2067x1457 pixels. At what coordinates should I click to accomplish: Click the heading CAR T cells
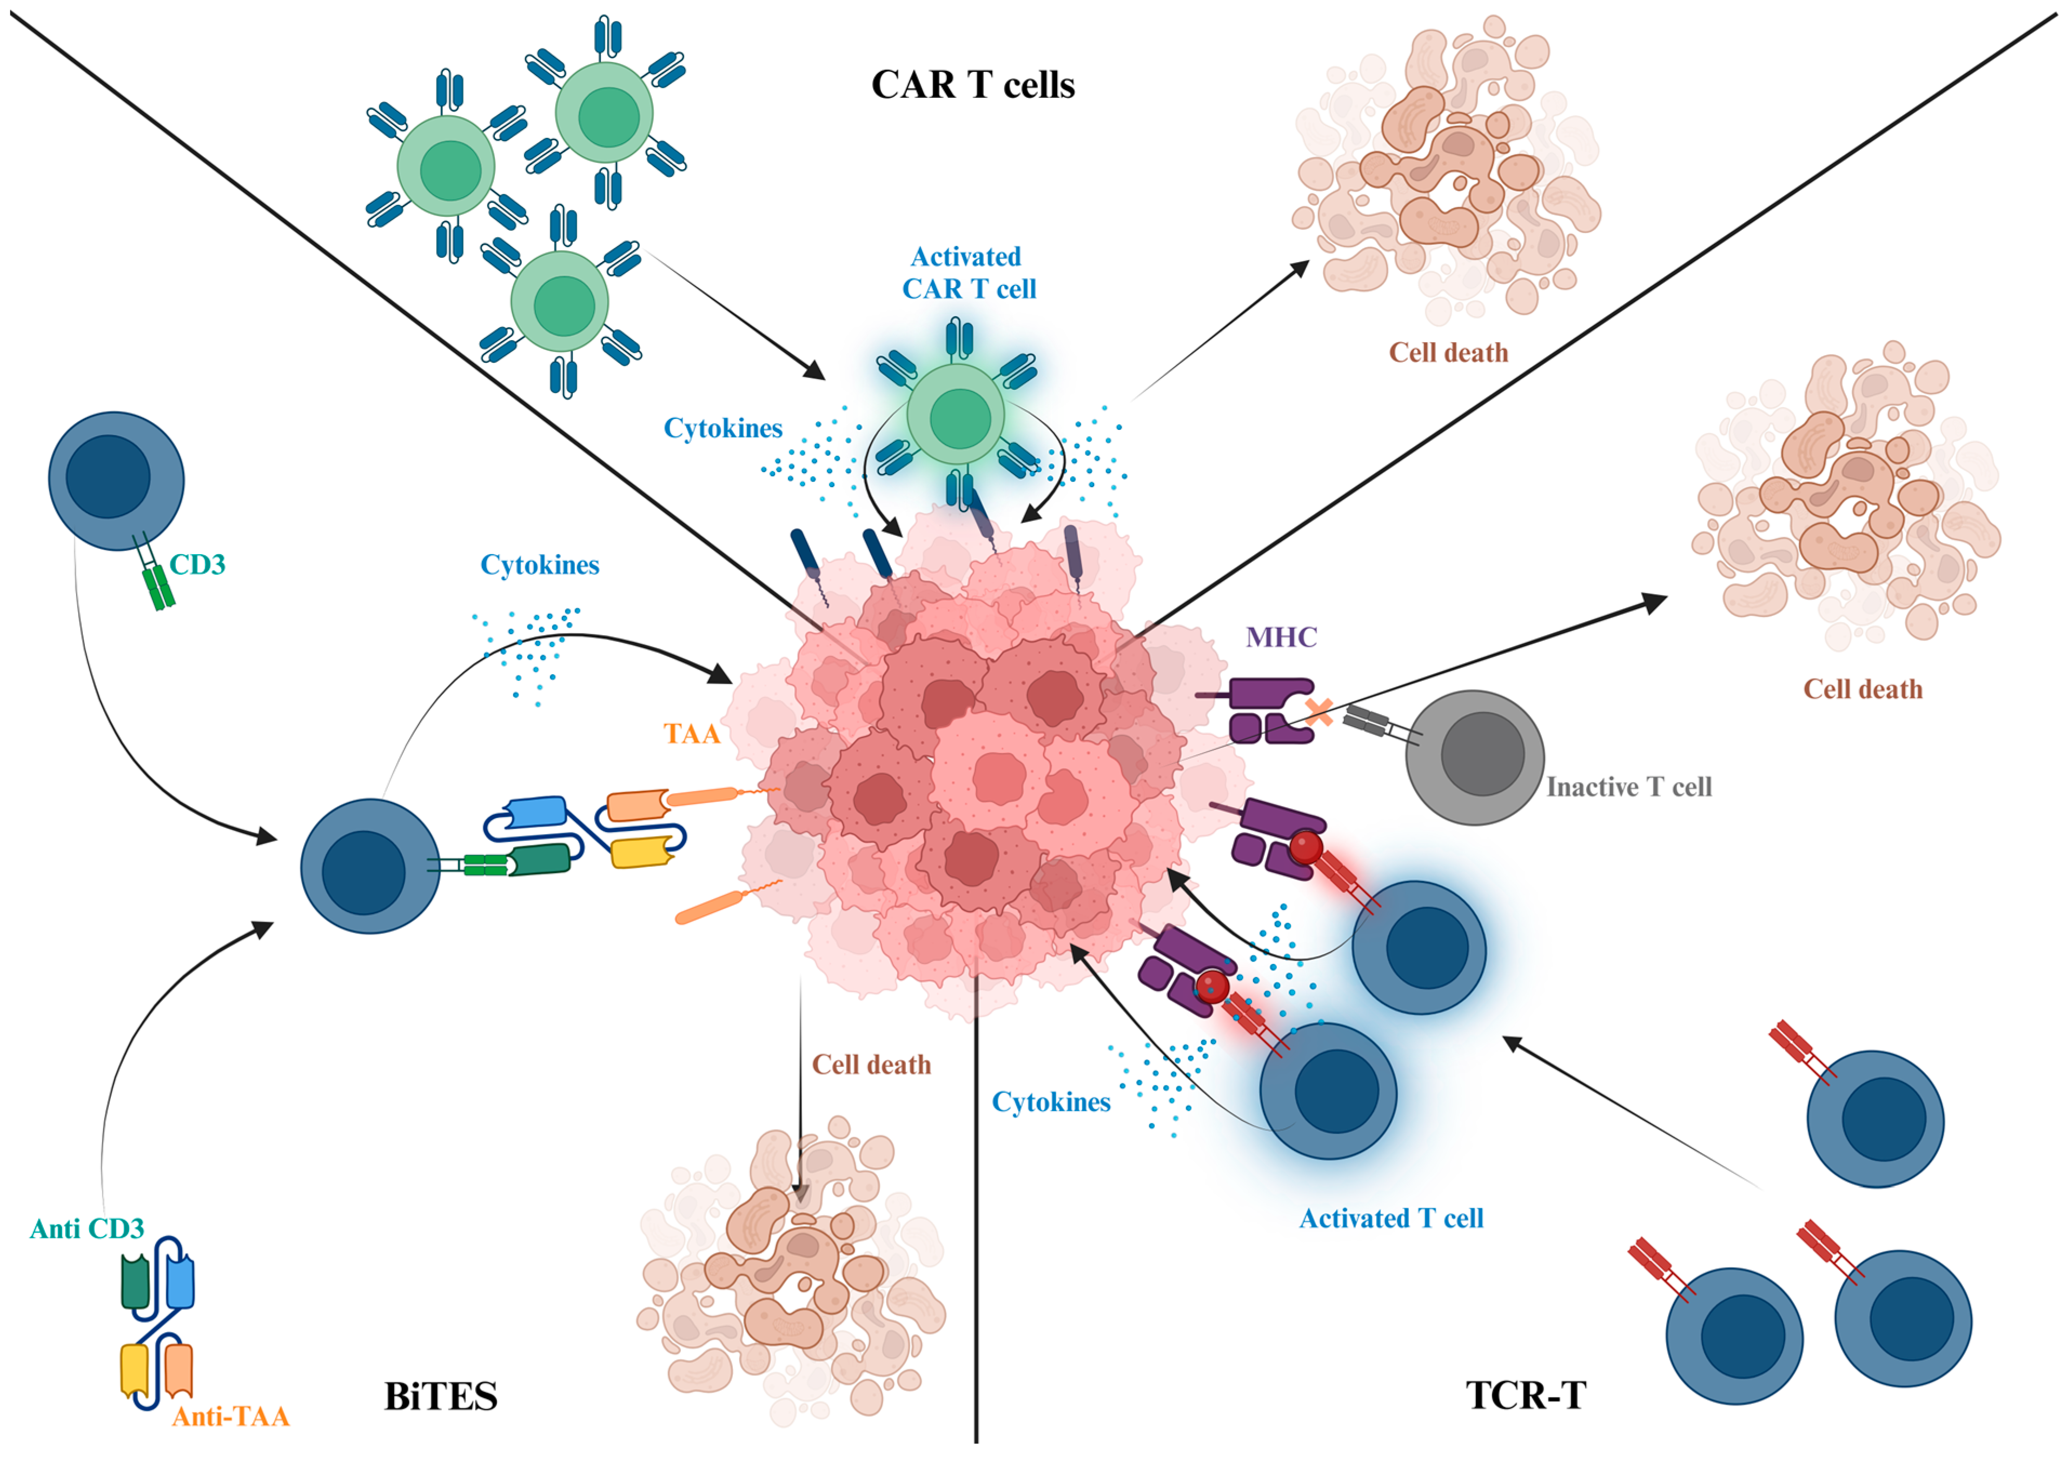coord(972,84)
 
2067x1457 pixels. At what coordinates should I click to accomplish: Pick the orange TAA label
coord(691,734)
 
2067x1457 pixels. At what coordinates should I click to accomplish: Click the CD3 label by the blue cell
coord(197,564)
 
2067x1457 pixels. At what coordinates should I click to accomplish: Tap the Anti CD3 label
coord(87,1228)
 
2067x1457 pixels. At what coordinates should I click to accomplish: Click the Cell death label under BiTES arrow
coord(871,1065)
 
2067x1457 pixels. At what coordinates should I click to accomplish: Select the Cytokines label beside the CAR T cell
coord(723,428)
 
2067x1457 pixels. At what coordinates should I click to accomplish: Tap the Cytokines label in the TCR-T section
coord(1051,1101)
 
